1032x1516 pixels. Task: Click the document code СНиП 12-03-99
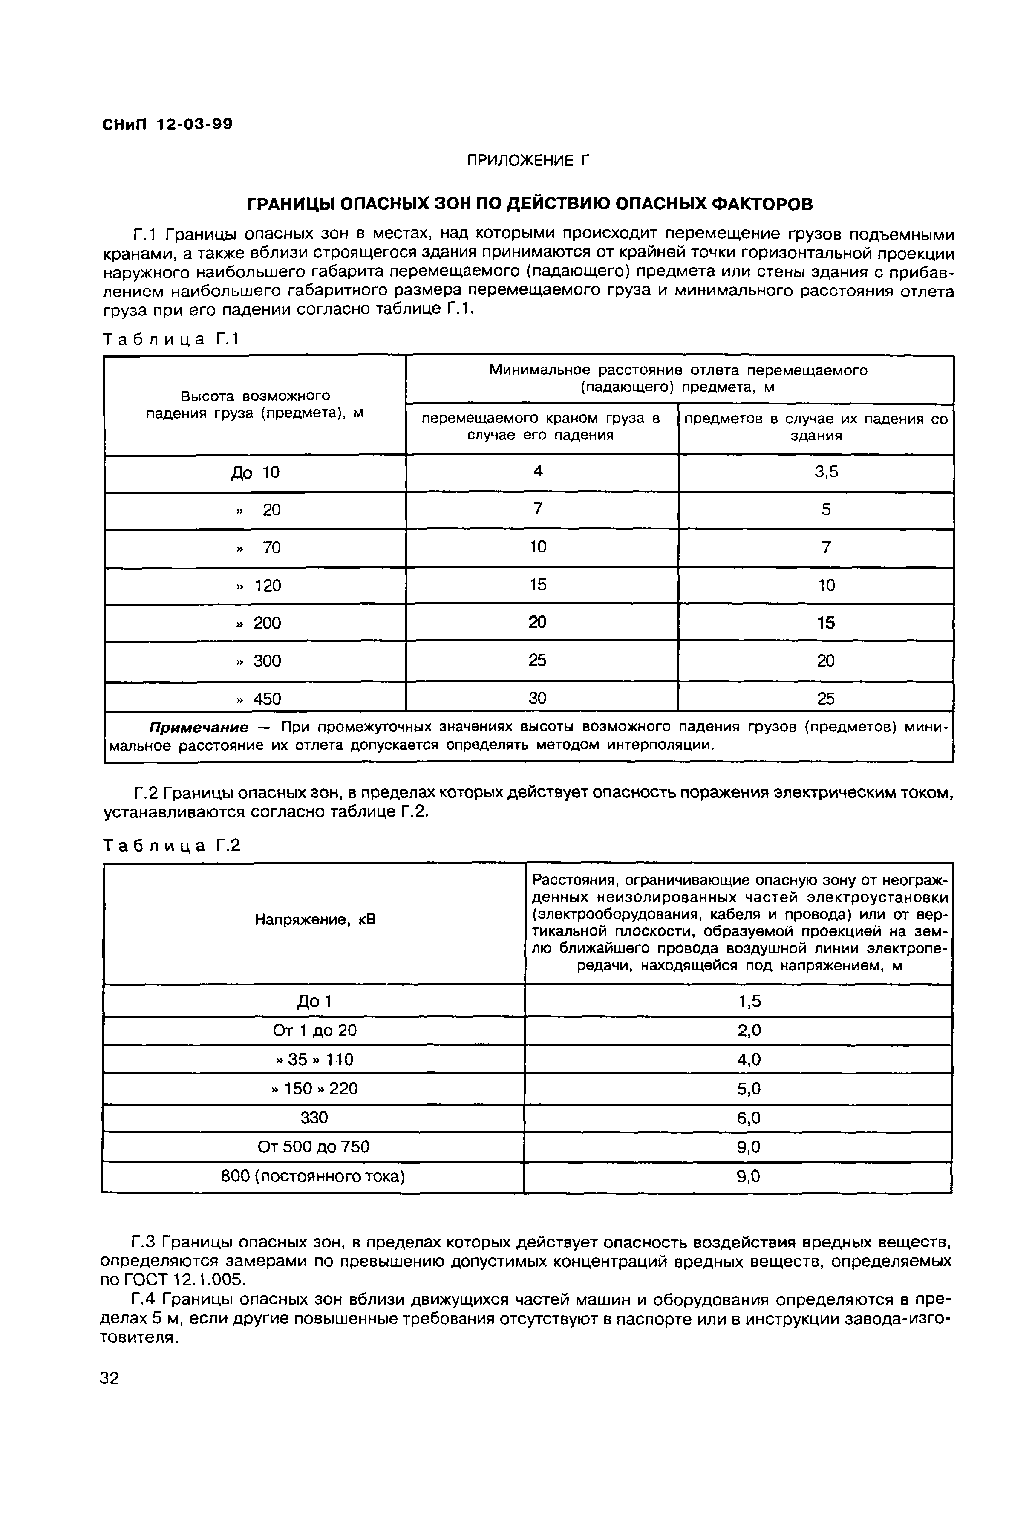(167, 124)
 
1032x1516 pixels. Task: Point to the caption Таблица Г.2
(172, 846)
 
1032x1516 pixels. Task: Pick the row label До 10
(255, 472)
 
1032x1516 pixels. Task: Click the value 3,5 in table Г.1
(826, 472)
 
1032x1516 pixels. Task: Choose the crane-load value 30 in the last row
(538, 698)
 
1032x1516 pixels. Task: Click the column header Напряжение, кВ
(315, 921)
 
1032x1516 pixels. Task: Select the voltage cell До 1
(314, 1001)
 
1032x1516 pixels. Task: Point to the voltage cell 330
(314, 1118)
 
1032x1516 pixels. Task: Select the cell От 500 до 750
(314, 1147)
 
